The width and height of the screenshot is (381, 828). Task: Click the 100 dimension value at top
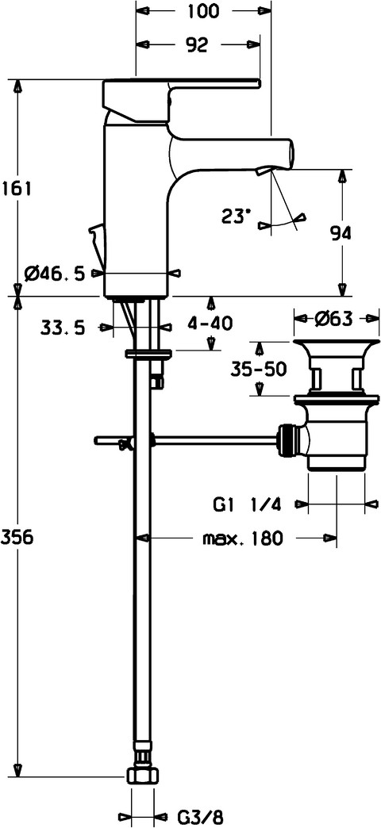[x=202, y=10]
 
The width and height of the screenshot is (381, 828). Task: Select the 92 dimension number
[x=196, y=46]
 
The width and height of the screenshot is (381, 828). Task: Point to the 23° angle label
[x=235, y=216]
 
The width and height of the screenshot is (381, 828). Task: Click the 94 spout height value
[x=341, y=233]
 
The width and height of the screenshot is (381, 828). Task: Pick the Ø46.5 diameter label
[x=55, y=274]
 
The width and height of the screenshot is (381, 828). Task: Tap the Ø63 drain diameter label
[x=336, y=319]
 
